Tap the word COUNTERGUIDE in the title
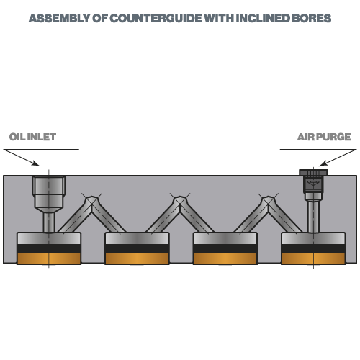click(156, 18)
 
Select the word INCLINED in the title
click(263, 18)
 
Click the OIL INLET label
click(32, 137)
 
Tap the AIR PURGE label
click(324, 137)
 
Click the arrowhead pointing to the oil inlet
click(37, 164)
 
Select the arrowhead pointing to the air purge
click(323, 163)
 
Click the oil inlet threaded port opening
click(49, 185)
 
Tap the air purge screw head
click(313, 172)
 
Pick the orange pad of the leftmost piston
click(49, 258)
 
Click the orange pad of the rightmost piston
click(313, 258)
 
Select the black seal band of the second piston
click(137, 248)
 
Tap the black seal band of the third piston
click(225, 248)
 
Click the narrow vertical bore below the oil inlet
click(49, 222)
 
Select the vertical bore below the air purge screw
click(313, 217)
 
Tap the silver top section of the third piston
click(225, 238)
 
